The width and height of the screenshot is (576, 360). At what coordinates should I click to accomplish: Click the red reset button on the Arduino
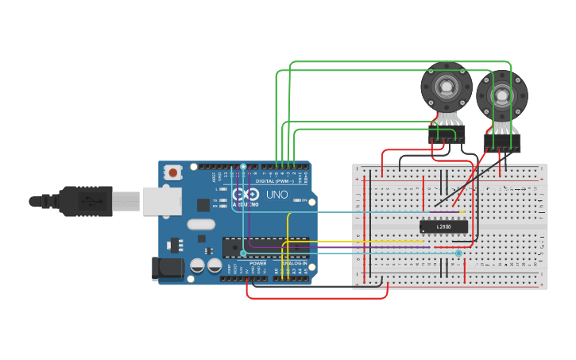click(x=173, y=172)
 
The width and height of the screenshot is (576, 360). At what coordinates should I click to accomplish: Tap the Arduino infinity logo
click(x=246, y=195)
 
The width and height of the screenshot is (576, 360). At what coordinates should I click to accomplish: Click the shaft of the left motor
click(x=446, y=86)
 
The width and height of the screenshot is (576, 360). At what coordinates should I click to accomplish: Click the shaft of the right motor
click(x=502, y=95)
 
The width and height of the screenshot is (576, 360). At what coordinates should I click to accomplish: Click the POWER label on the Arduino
click(x=258, y=263)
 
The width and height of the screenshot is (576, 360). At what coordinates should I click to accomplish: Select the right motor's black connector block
click(x=502, y=142)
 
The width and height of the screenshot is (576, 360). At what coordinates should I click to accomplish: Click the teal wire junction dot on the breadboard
click(x=458, y=254)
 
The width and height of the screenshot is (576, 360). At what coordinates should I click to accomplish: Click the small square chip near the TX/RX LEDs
click(x=203, y=204)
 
